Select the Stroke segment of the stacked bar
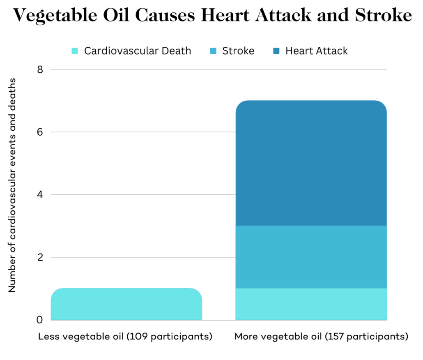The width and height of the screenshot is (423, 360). pyautogui.click(x=311, y=257)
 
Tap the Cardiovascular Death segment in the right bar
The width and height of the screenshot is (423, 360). pyautogui.click(x=311, y=304)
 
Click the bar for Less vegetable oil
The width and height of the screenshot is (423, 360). pyautogui.click(x=126, y=304)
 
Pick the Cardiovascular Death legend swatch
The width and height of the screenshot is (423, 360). pyautogui.click(x=75, y=51)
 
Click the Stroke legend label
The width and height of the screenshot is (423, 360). pyautogui.click(x=238, y=51)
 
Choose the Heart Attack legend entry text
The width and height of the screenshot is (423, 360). pyautogui.click(x=316, y=51)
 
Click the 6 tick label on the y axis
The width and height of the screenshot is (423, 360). pyautogui.click(x=40, y=132)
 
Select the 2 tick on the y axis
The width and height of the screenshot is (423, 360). pyautogui.click(x=40, y=257)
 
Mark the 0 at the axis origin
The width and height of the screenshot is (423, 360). pyautogui.click(x=40, y=320)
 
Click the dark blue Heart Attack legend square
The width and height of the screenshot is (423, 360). pyautogui.click(x=276, y=51)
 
